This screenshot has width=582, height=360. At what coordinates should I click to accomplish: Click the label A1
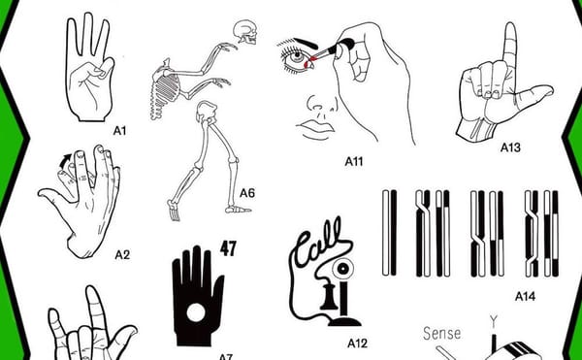120,126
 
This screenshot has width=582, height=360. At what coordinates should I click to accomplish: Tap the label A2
122,255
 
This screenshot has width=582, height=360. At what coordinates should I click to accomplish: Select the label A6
246,193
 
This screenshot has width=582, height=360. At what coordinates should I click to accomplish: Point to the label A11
353,161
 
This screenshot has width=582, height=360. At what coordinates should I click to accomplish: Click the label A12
357,343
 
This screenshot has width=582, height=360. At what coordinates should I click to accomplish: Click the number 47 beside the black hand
229,246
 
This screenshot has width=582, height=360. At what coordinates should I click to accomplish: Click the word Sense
441,334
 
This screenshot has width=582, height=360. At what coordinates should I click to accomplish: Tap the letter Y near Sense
493,321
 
